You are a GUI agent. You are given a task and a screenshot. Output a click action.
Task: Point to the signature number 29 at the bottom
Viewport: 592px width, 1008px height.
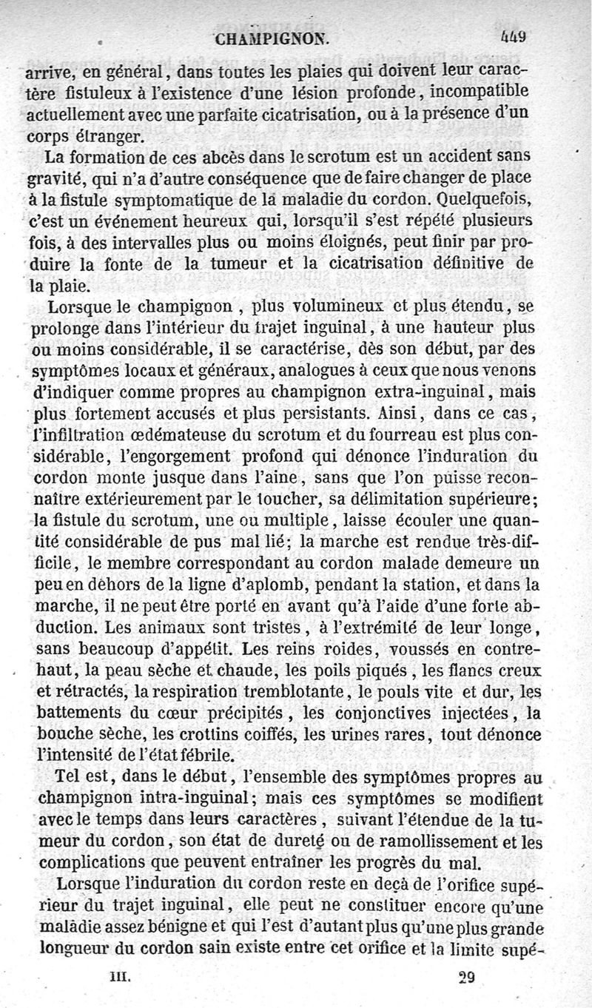click(465, 975)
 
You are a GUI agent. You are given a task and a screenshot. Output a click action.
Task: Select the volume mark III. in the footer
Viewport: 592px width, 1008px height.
click(120, 975)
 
